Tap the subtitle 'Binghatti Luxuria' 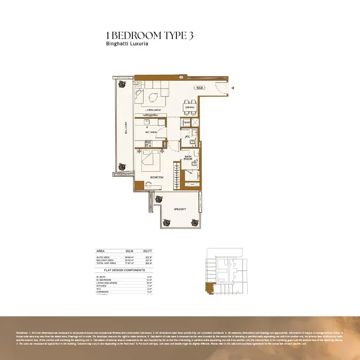127,44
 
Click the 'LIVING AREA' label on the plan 154,110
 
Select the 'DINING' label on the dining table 190,107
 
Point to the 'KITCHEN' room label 151,132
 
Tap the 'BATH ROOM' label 188,158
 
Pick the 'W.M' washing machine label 186,122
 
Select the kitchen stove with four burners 148,144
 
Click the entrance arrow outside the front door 232,88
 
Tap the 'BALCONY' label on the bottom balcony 180,209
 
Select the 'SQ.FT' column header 147,251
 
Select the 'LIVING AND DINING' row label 107,282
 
